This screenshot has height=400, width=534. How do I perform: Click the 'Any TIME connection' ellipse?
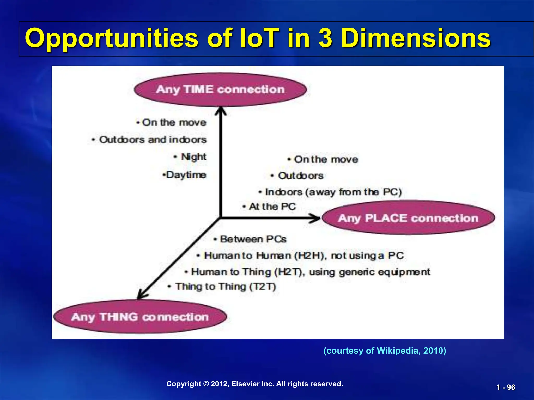pos(220,89)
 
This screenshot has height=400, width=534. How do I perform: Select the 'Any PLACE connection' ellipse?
pos(408,218)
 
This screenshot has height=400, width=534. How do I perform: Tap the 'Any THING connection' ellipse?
pos(140,317)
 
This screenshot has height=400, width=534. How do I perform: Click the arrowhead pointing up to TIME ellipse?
pos(221,111)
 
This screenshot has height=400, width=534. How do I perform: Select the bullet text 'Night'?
pos(193,157)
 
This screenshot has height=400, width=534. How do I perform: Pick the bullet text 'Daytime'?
pos(186,175)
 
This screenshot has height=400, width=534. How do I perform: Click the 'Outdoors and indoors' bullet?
pos(153,140)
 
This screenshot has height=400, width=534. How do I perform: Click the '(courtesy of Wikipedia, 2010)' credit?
pos(385,351)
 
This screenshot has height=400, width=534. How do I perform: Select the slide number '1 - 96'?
pos(506,387)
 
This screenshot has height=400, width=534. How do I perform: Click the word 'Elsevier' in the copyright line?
pos(245,384)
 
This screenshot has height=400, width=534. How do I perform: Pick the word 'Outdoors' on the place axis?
pos(301,176)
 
